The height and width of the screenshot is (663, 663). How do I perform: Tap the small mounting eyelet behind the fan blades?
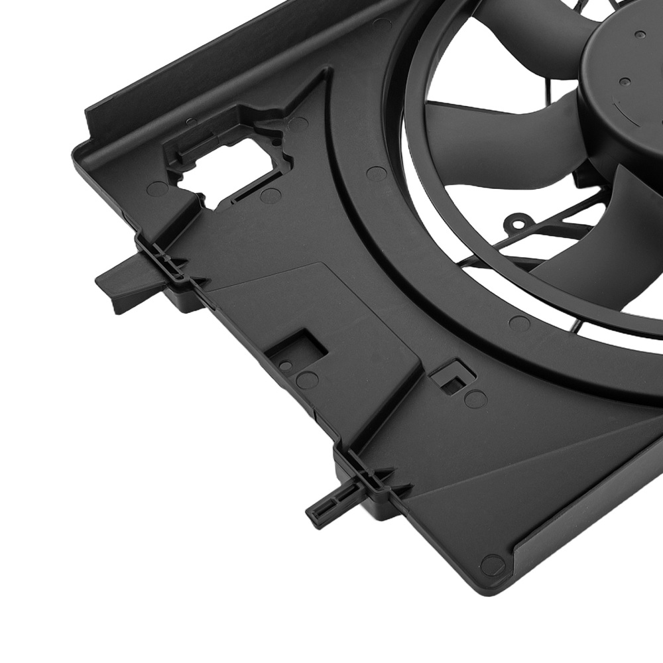click(518, 219)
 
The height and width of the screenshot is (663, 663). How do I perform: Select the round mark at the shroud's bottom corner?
click(490, 566)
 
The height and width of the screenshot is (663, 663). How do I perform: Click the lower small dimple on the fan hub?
click(625, 82)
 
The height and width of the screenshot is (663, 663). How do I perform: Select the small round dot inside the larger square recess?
click(286, 365)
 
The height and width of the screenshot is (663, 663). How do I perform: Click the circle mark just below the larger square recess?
click(306, 380)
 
